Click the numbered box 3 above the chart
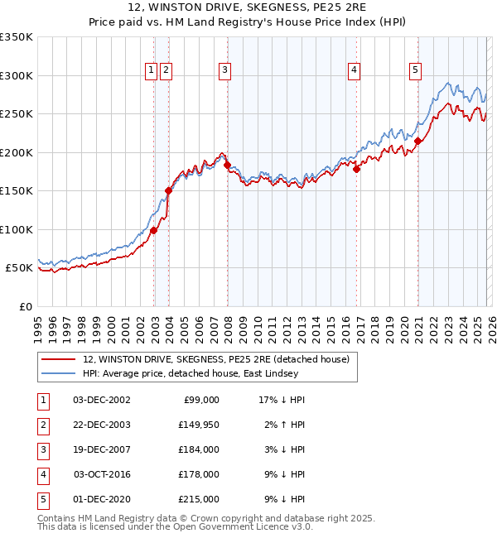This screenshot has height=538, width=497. click(x=224, y=71)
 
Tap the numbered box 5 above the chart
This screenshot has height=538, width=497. click(x=414, y=71)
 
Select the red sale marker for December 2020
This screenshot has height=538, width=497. click(x=418, y=141)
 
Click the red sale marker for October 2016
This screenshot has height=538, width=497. click(x=357, y=169)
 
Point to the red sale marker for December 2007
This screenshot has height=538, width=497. click(x=228, y=165)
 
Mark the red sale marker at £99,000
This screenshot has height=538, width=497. click(x=154, y=230)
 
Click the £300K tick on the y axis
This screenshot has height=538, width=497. click(x=17, y=75)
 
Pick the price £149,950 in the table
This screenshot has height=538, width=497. click(x=199, y=425)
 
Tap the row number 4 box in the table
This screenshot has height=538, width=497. click(x=42, y=474)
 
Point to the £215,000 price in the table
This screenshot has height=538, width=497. click(x=199, y=499)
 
